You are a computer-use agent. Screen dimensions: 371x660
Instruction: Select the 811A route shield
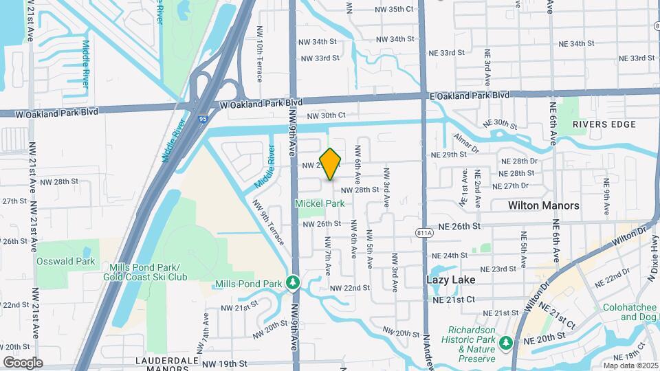pyautogui.click(x=425, y=234)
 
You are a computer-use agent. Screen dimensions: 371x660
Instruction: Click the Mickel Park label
pyautogui.click(x=320, y=203)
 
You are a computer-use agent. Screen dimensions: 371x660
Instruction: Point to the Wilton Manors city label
pyautogui.click(x=543, y=205)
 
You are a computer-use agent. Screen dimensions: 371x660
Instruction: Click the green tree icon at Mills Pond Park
pyautogui.click(x=293, y=282)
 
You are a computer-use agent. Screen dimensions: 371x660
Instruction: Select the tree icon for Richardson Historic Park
pyautogui.click(x=506, y=341)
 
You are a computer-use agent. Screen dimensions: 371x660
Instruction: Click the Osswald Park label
pyautogui.click(x=66, y=262)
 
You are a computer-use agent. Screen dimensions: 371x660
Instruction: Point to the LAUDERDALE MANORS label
pyautogui.click(x=162, y=361)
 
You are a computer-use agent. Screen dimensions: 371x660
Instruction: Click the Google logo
pyautogui.click(x=23, y=362)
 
